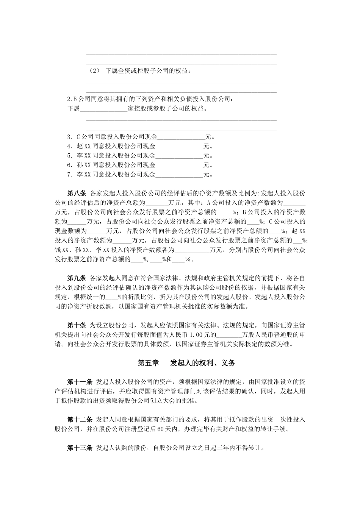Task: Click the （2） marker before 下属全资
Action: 94,71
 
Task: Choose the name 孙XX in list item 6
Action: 84,166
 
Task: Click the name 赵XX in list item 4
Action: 84,147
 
